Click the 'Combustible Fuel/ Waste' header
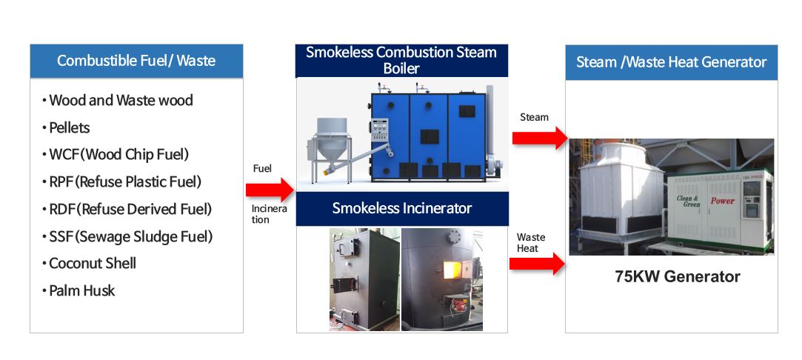tap(136, 61)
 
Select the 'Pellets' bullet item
tap(69, 127)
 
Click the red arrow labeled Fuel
tap(270, 190)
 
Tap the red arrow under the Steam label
tap(540, 138)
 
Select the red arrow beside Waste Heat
tap(537, 264)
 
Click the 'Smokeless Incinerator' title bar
tap(402, 209)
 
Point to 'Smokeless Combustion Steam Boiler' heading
tap(401, 60)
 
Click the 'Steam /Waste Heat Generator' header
tap(671, 62)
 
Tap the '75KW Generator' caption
tap(677, 276)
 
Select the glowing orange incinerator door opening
tap(450, 270)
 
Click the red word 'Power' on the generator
tap(722, 201)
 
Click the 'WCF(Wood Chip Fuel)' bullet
tap(118, 154)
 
